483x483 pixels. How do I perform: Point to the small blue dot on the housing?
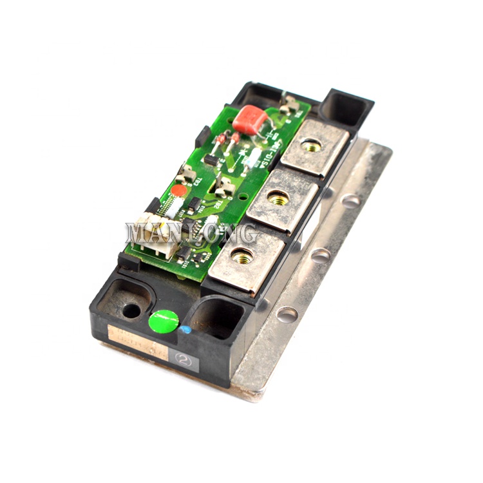coord(186,329)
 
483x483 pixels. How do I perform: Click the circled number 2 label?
coord(185,361)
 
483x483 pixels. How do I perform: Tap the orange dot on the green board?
coord(180,191)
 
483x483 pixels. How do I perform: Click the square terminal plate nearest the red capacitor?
coord(314,147)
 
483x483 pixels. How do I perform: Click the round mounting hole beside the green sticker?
coord(131,311)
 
